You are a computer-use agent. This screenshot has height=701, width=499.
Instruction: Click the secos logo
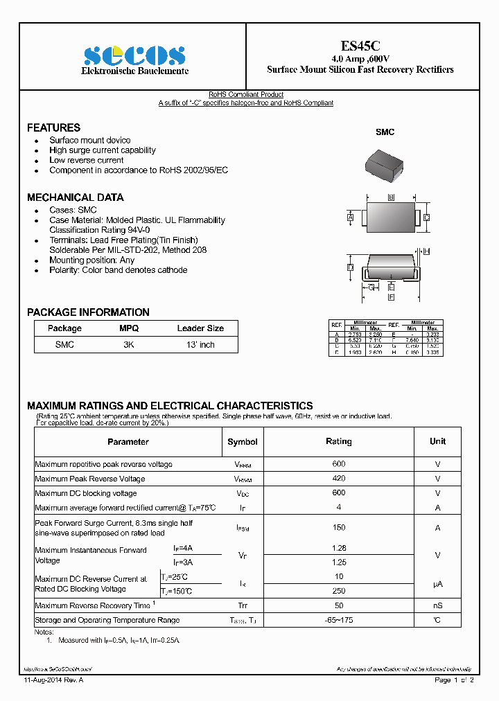point(134,55)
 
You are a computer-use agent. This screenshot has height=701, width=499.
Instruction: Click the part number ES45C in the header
point(360,46)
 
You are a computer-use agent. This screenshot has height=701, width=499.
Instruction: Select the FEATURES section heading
point(53,127)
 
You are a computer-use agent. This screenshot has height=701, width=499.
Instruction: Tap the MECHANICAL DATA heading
point(76,197)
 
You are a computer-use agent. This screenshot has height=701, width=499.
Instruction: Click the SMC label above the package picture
point(385,132)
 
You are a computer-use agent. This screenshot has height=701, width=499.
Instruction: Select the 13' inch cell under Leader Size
point(200,344)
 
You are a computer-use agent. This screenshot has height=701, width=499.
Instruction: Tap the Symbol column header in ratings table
point(243,441)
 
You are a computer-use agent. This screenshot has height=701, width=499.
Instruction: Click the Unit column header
point(437,441)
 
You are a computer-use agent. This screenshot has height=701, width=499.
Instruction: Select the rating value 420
point(338,479)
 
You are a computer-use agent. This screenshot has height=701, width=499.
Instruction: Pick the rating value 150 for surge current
point(338,528)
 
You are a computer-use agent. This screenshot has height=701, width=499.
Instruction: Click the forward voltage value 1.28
point(338,548)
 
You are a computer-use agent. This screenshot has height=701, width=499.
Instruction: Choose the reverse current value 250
point(338,591)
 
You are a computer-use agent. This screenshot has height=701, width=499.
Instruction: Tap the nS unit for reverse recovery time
point(437,605)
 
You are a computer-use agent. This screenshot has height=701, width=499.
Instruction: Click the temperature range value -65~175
point(338,620)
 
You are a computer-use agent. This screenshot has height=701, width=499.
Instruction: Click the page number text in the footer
point(454,680)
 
